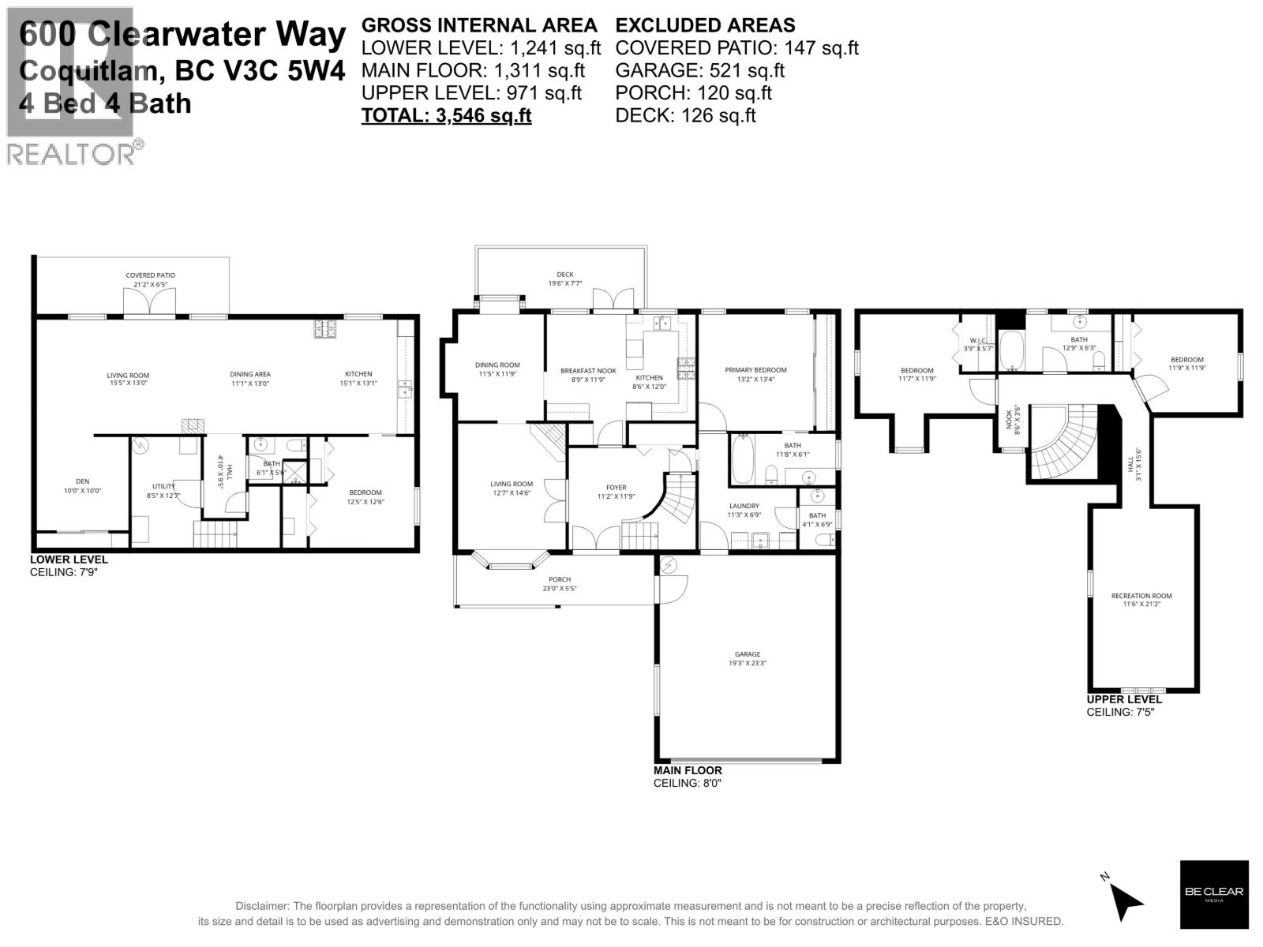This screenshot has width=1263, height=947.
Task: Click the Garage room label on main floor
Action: coord(747,658)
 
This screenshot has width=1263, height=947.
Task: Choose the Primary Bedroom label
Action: coord(755,374)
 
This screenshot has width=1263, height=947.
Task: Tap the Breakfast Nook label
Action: coord(587,375)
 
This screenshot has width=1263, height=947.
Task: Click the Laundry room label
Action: coord(743,510)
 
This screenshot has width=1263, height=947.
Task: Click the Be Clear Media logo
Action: coord(1213,893)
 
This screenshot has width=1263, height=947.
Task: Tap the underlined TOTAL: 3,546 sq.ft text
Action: coord(446,116)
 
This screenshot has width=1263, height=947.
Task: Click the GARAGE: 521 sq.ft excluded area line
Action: coord(699,70)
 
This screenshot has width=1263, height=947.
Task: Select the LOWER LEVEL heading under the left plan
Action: coord(69,560)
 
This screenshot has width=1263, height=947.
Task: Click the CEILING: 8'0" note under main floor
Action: coord(687,784)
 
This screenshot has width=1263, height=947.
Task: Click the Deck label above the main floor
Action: coord(564,279)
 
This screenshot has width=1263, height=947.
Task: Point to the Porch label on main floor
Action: coord(559,583)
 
